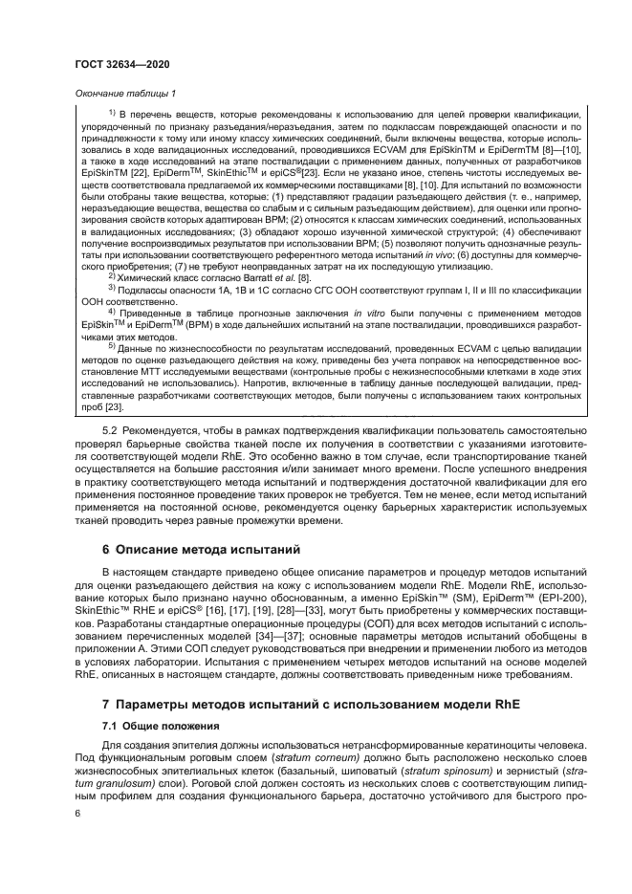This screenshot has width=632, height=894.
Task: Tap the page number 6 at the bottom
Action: tap(78, 813)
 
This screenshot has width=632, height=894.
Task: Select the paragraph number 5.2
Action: tap(111, 442)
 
